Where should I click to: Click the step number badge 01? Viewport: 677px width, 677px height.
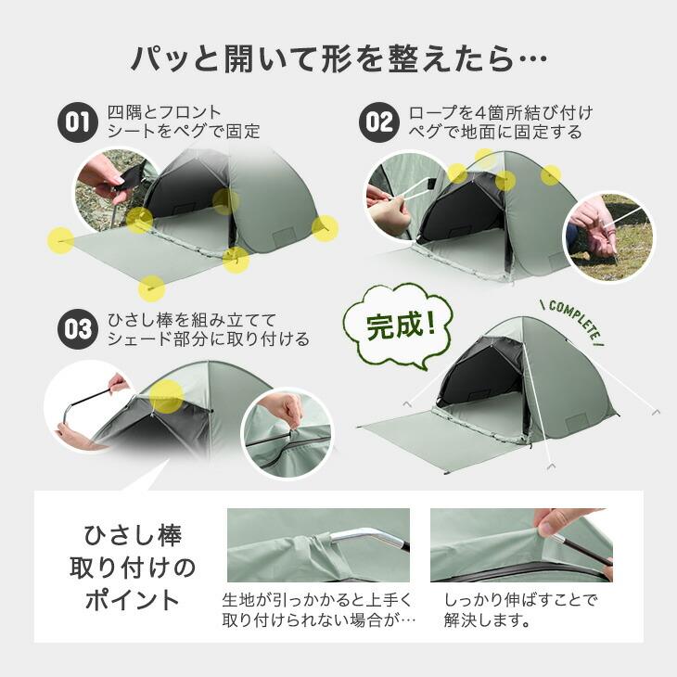click(x=78, y=122)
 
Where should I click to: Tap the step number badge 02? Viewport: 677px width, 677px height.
click(x=377, y=122)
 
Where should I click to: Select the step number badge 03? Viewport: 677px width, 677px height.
click(x=78, y=329)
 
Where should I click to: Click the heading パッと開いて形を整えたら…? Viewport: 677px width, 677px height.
click(x=338, y=61)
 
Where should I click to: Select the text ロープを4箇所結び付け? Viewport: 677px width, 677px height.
click(x=501, y=112)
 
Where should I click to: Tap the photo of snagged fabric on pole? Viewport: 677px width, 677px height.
click(x=318, y=544)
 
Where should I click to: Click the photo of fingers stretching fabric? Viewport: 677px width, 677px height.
click(x=521, y=544)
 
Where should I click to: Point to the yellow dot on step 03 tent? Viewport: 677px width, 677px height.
click(x=166, y=396)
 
